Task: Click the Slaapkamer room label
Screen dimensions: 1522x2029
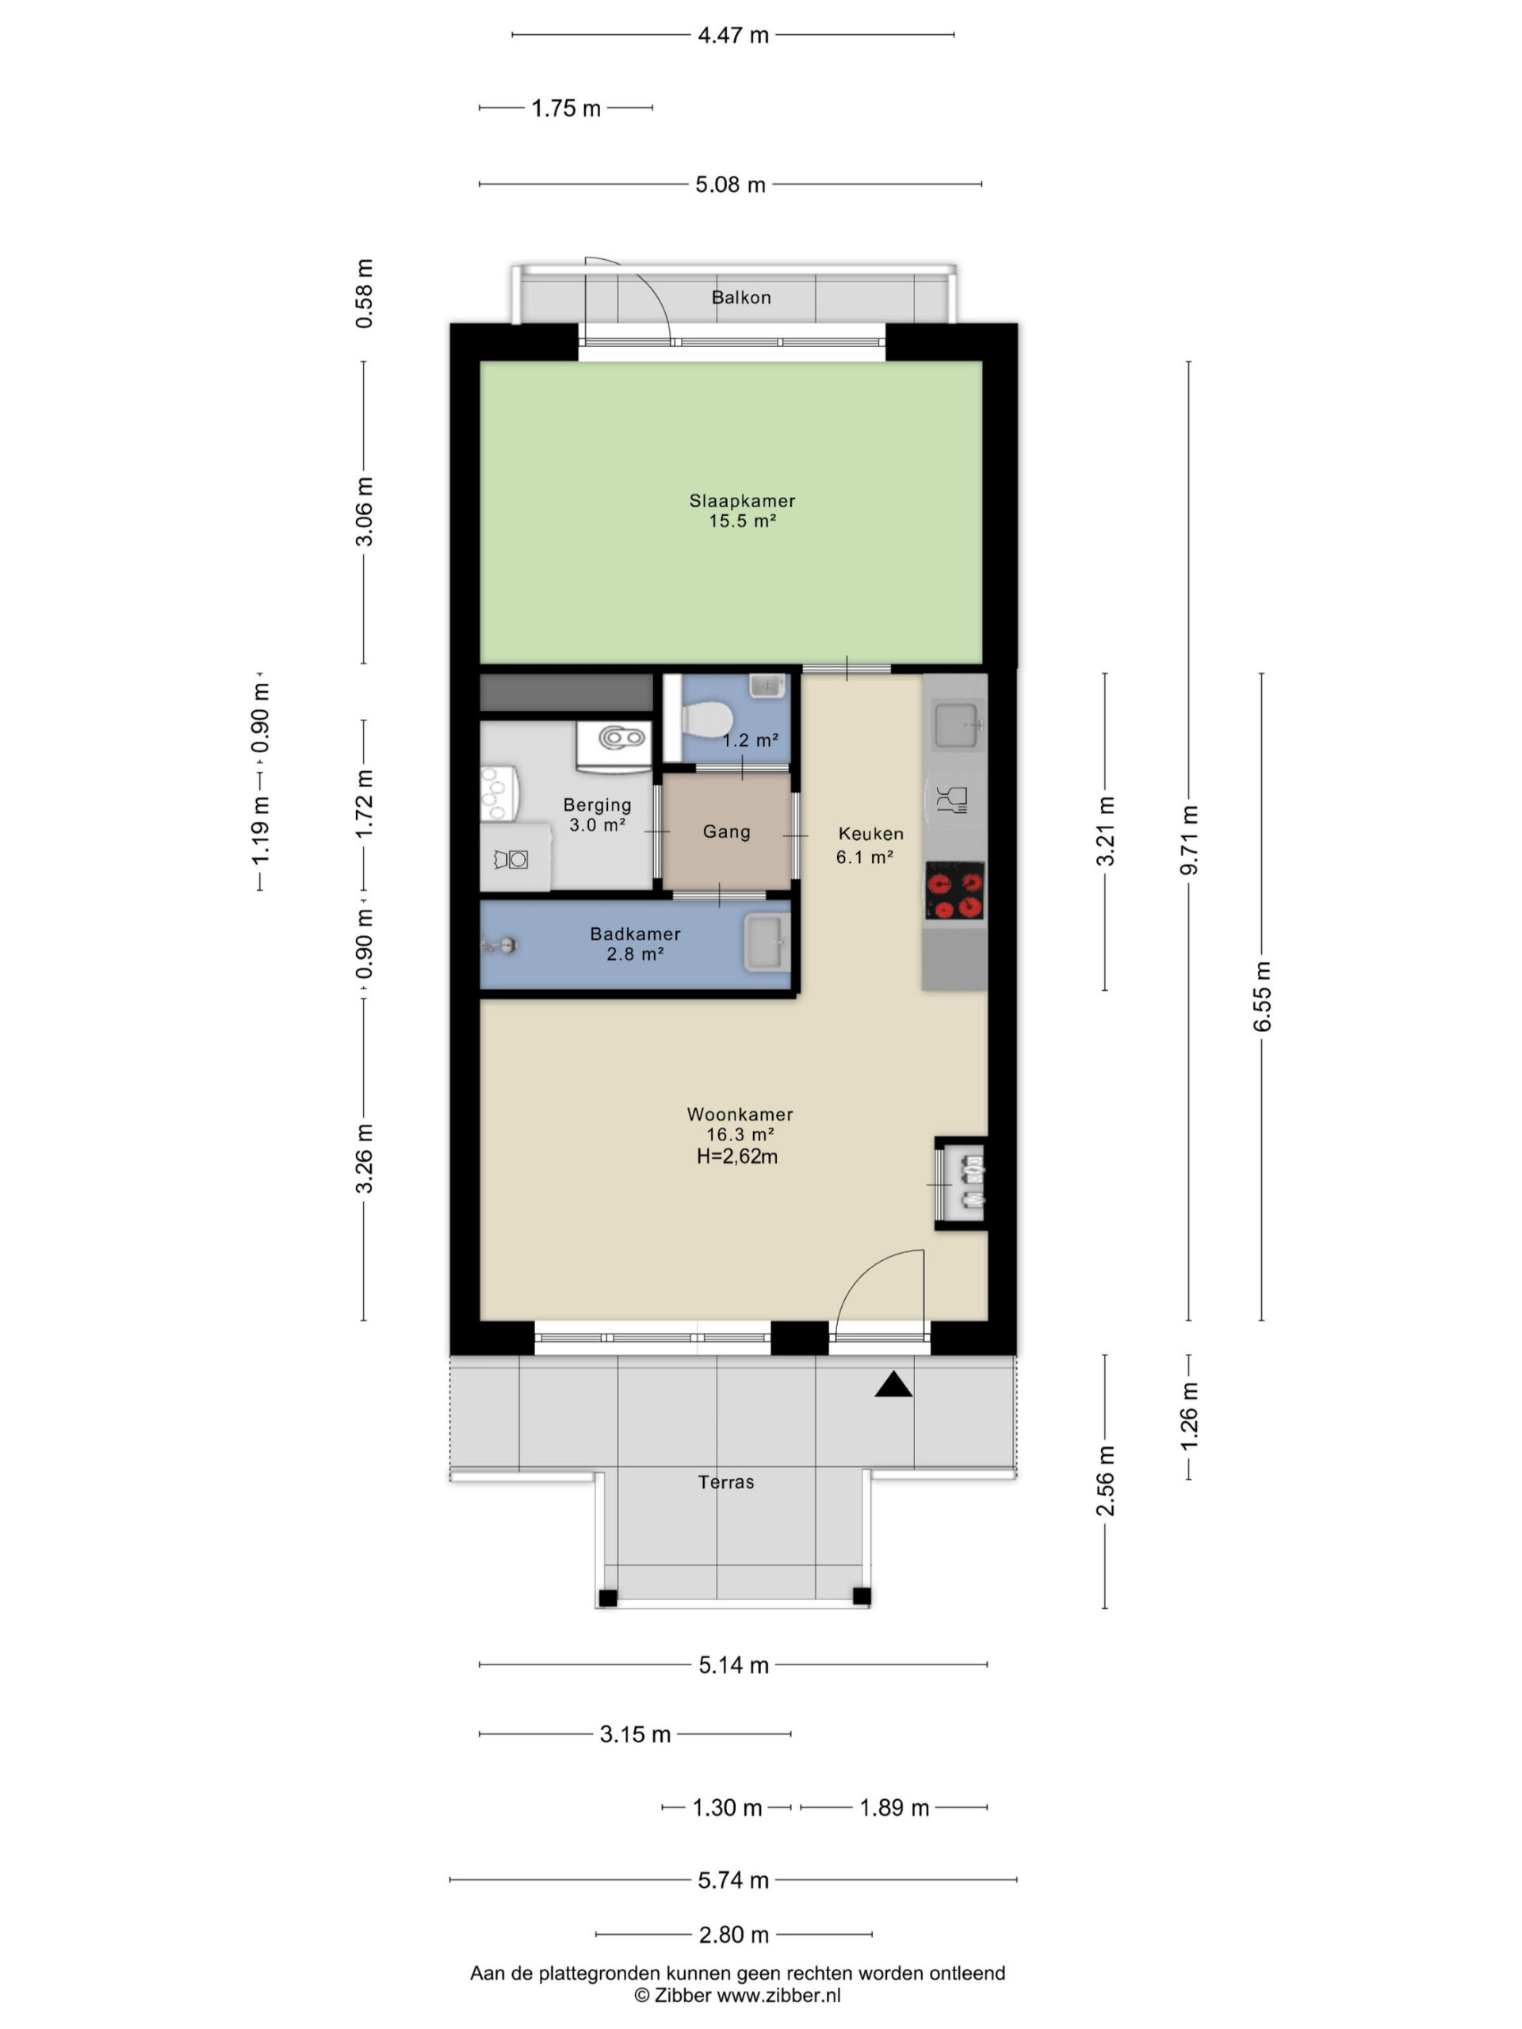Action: click(x=742, y=501)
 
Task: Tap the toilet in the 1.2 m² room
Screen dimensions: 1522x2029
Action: click(x=704, y=716)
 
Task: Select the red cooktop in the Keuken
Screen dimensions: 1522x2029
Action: click(x=954, y=890)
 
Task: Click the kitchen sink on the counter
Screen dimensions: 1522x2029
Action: click(x=958, y=724)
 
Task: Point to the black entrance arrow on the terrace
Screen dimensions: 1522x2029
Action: click(x=893, y=1384)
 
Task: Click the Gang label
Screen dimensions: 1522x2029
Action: click(x=727, y=832)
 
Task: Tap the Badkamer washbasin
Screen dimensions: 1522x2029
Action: click(x=766, y=942)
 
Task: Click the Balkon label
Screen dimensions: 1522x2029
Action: click(x=741, y=297)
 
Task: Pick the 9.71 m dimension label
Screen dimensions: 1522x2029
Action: click(x=1189, y=840)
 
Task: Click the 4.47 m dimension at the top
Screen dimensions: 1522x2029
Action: click(x=733, y=36)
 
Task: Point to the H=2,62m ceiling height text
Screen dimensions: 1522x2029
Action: click(x=736, y=1156)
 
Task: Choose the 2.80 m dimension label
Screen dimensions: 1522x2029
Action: click(x=734, y=1935)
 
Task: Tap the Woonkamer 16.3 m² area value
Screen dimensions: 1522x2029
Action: click(x=740, y=1135)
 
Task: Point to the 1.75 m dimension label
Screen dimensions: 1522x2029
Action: click(x=566, y=109)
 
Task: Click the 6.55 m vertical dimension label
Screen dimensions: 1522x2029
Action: click(x=1262, y=996)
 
